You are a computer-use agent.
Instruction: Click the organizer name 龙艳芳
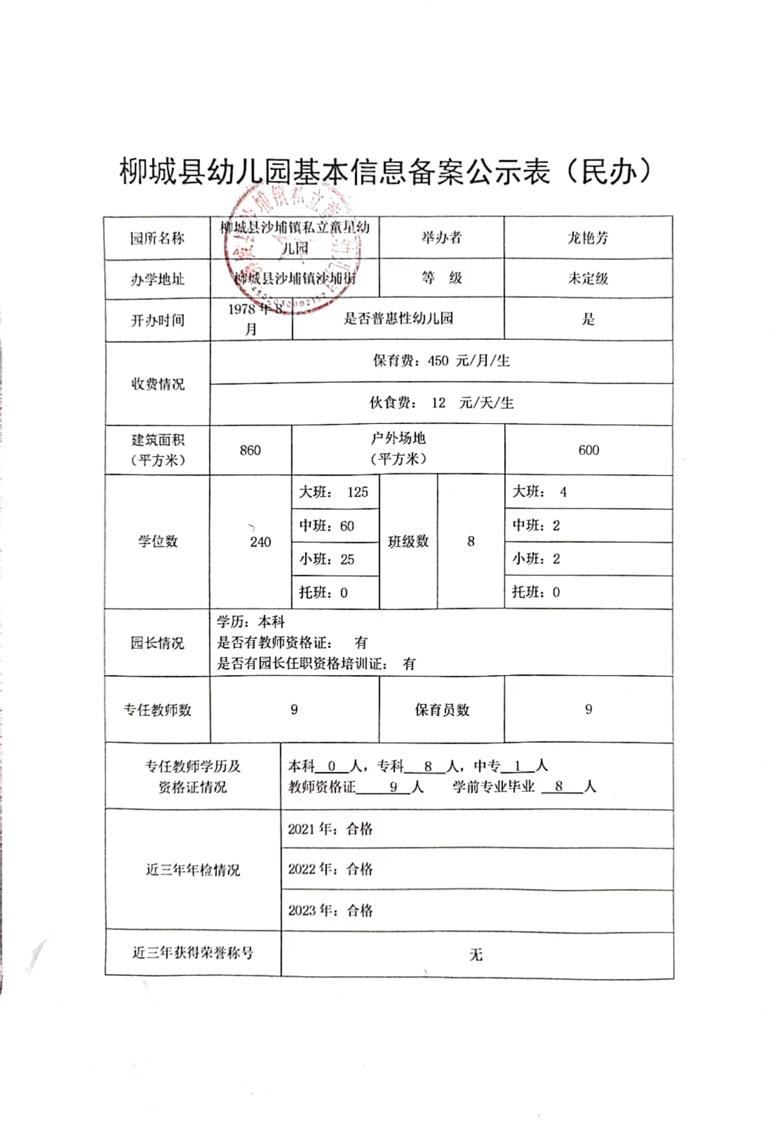[588, 238]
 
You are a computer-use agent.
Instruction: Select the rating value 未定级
[588, 279]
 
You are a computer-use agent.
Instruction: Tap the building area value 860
[250, 450]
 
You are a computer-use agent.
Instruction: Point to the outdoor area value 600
[588, 450]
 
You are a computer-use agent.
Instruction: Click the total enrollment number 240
[260, 542]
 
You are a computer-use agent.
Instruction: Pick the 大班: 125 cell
[334, 492]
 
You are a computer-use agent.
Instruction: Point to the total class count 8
[470, 541]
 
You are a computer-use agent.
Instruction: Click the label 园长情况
[157, 643]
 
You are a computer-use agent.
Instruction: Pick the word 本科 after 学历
[272, 622]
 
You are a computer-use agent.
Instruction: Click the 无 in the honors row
[476, 955]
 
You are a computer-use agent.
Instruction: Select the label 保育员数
[442, 710]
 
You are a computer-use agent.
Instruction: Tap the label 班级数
[408, 541]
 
